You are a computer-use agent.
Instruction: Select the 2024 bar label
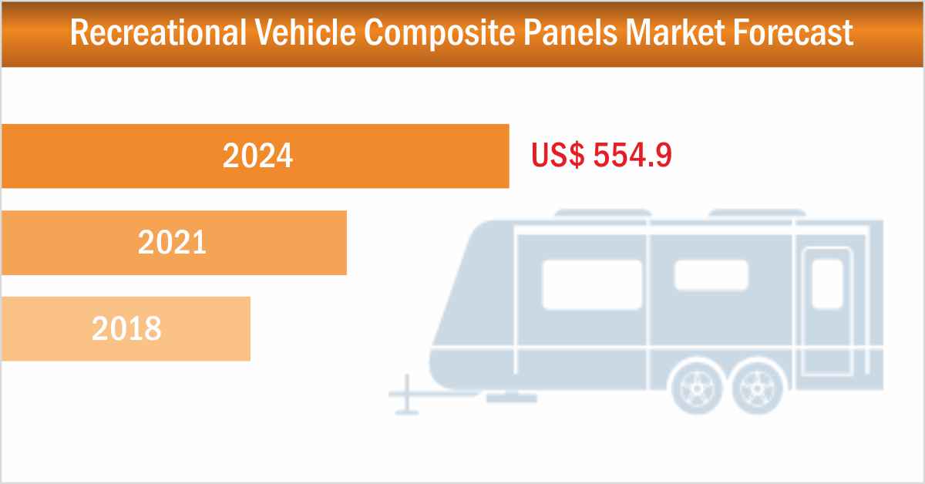coord(257,156)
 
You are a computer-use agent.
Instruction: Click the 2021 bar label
coord(173,244)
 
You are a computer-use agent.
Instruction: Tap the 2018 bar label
coord(126,329)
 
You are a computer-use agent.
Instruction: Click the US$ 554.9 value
coord(601,156)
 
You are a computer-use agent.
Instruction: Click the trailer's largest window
coord(592,283)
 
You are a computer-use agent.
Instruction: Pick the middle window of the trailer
coord(711,275)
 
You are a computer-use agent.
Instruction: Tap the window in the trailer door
coord(827,283)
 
